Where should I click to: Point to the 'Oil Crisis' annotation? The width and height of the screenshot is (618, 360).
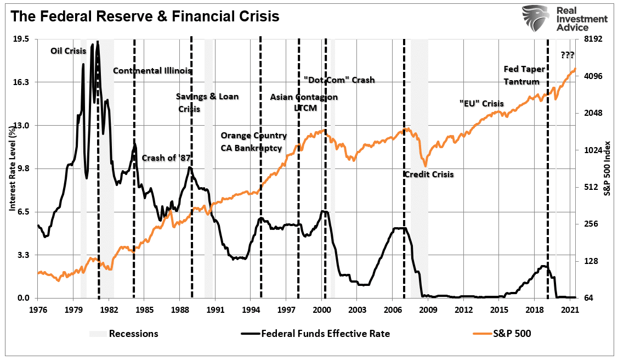point(69,50)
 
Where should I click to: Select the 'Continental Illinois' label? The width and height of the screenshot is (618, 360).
point(152,70)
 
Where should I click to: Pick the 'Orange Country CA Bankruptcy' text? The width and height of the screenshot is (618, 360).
point(253,142)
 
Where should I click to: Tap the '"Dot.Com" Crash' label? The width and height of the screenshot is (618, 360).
point(339,80)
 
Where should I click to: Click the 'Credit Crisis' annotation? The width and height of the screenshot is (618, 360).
point(429,175)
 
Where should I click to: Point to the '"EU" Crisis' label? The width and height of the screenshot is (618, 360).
point(481,103)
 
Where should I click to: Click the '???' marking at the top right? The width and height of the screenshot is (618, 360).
point(568,55)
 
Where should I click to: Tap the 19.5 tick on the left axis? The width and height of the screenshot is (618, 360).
point(21,39)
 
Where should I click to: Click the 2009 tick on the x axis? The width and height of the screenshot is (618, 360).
point(428,310)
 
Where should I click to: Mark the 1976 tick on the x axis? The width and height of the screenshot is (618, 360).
point(38,310)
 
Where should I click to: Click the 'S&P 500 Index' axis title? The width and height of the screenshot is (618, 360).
point(606,168)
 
